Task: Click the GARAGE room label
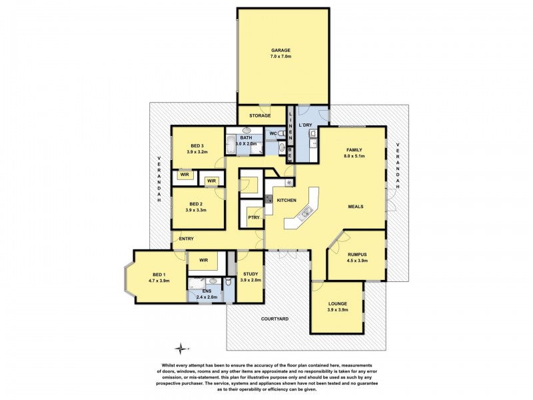pos(282,51)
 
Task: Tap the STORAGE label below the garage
pos(260,116)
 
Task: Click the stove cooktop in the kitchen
pos(268,199)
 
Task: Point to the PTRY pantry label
pos(253,217)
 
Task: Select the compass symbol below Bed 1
pos(180,347)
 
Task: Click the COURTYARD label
pos(274,319)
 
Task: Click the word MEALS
pos(355,207)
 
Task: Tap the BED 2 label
pos(196,204)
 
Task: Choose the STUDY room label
pos(251,273)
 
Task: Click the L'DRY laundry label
pos(306,125)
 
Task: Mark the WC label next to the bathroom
pos(273,134)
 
